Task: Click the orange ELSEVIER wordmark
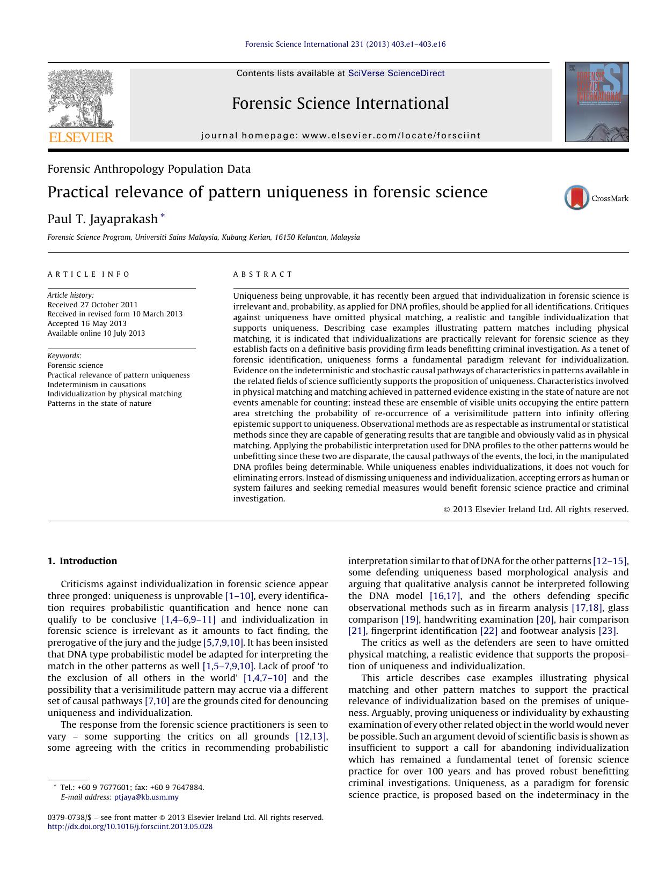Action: pyautogui.click(x=81, y=137)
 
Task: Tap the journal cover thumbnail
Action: pyautogui.click(x=596, y=102)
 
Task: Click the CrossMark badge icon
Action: pyautogui.click(x=577, y=198)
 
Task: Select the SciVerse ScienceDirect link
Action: pyautogui.click(x=396, y=73)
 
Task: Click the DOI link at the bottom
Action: pyautogui.click(x=130, y=826)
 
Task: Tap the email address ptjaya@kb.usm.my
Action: pyautogui.click(x=147, y=797)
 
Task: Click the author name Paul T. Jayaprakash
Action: pyautogui.click(x=103, y=219)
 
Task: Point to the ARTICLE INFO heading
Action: pyautogui.click(x=89, y=274)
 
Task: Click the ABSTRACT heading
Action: pyautogui.click(x=262, y=274)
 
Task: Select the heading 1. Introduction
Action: pyautogui.click(x=82, y=561)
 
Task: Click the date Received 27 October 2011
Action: pyautogui.click(x=92, y=305)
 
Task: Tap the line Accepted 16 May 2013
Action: pyautogui.click(x=87, y=323)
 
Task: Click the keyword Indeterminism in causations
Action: pyautogui.click(x=97, y=385)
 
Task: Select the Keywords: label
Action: pyautogui.click(x=64, y=356)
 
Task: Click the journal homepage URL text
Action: pyautogui.click(x=391, y=136)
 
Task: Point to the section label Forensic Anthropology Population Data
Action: pyautogui.click(x=149, y=169)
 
